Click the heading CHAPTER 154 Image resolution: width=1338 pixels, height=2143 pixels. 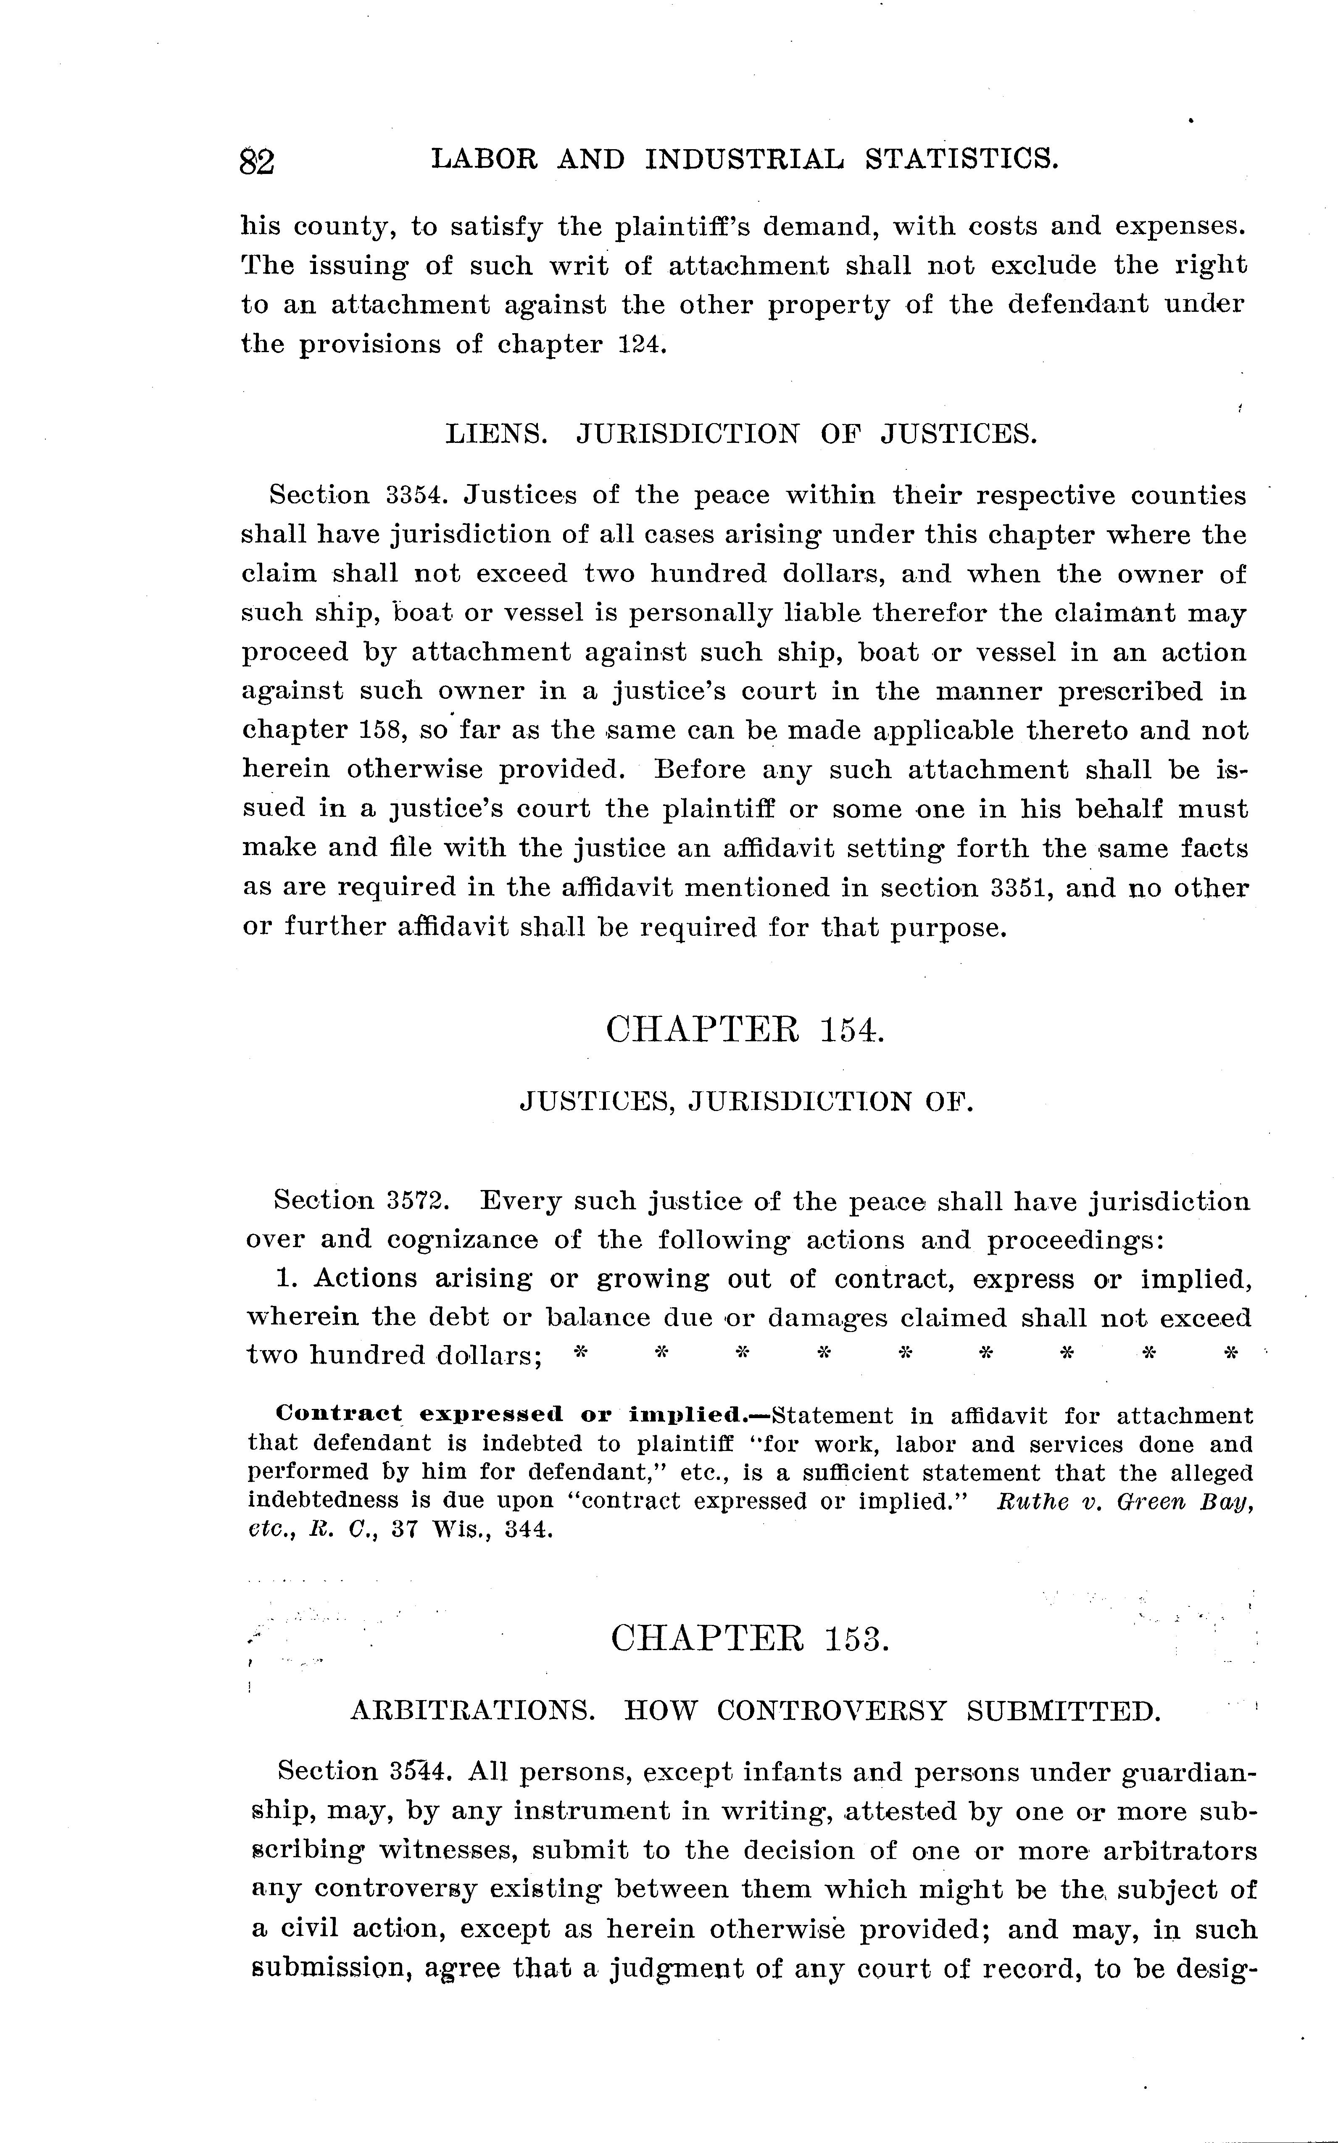[x=745, y=1030]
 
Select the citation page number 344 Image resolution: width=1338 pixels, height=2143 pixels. [x=529, y=1530]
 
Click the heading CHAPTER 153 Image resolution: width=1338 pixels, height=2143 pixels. [x=750, y=1640]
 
